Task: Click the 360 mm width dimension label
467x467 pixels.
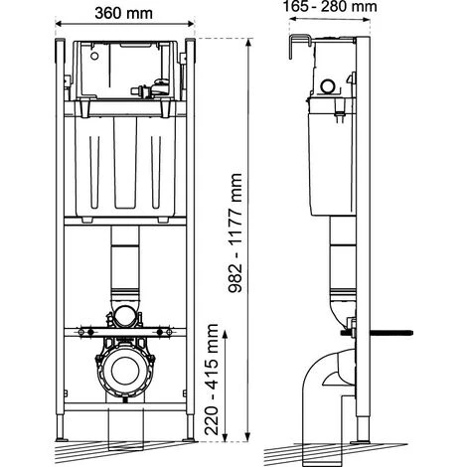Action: click(x=123, y=13)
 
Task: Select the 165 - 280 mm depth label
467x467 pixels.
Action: click(x=330, y=6)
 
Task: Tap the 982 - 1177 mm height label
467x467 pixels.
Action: click(x=235, y=233)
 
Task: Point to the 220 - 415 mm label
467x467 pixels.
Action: click(x=212, y=380)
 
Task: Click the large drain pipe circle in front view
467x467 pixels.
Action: click(x=124, y=371)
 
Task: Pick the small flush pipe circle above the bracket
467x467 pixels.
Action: click(x=124, y=317)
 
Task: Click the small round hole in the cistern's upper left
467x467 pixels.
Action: click(x=94, y=56)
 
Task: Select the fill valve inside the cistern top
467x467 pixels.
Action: click(x=151, y=88)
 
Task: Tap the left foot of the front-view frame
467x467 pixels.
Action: click(x=61, y=427)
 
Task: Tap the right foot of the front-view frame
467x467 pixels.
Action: click(x=190, y=427)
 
